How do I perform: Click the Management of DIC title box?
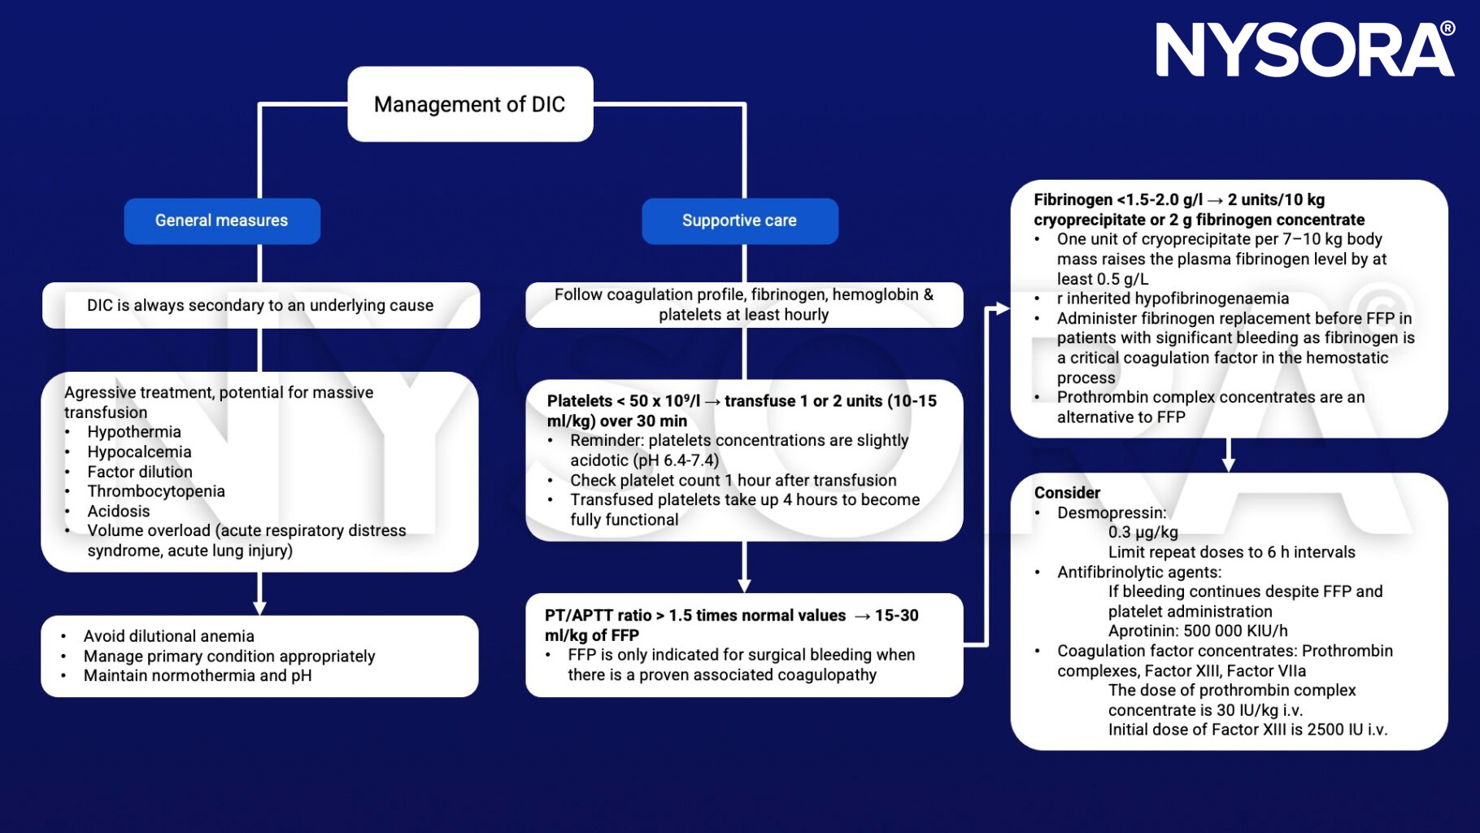coord(470,104)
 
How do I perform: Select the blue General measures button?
coord(221,220)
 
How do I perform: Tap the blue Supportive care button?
coord(739,220)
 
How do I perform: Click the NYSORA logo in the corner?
coord(1304,50)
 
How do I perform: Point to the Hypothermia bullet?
coord(134,432)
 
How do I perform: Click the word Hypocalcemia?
coord(139,451)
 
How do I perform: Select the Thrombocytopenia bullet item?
coord(156,491)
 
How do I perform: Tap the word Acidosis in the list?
coord(119,511)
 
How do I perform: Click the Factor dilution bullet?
coord(140,472)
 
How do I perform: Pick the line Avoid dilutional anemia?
coord(168,636)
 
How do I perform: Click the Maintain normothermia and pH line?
coord(198,675)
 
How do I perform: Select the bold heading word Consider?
coord(1067,493)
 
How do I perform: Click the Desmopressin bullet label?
coord(1111,512)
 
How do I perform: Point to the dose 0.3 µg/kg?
coord(1143,533)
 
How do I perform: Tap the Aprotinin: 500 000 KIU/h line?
coord(1197,631)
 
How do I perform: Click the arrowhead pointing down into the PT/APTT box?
coord(744,586)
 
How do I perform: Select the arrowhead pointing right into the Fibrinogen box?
coord(1002,308)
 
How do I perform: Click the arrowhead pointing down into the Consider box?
coord(1229,464)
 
